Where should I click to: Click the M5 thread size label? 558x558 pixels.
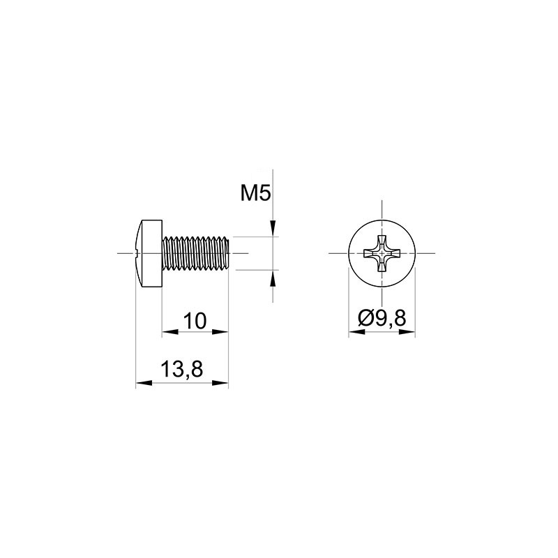coord(255,194)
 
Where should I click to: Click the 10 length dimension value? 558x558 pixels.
coord(195,321)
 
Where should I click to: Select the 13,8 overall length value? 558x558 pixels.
coord(182,369)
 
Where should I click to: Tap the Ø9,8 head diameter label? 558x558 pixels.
coord(382,318)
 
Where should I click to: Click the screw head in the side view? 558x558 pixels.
coord(149,253)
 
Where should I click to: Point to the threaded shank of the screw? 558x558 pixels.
coord(196,253)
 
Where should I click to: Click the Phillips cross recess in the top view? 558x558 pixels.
coord(382,253)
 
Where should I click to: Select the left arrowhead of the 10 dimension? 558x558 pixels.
coord(170,332)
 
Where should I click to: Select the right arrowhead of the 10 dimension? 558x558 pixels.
coord(220,332)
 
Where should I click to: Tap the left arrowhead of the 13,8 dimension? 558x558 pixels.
coord(144,383)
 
